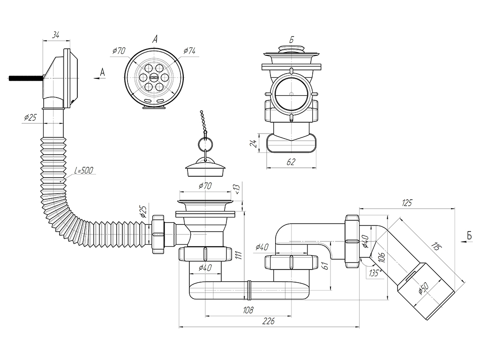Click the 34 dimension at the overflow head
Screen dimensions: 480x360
click(55, 36)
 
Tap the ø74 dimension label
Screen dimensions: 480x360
click(189, 51)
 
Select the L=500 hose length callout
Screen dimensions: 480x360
click(83, 170)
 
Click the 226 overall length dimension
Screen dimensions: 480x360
click(269, 321)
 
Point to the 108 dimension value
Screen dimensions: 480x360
click(248, 310)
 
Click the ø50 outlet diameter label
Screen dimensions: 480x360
click(423, 288)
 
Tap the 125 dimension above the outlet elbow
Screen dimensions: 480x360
click(407, 202)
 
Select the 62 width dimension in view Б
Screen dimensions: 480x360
click(291, 162)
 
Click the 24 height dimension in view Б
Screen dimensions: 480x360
click(254, 142)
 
